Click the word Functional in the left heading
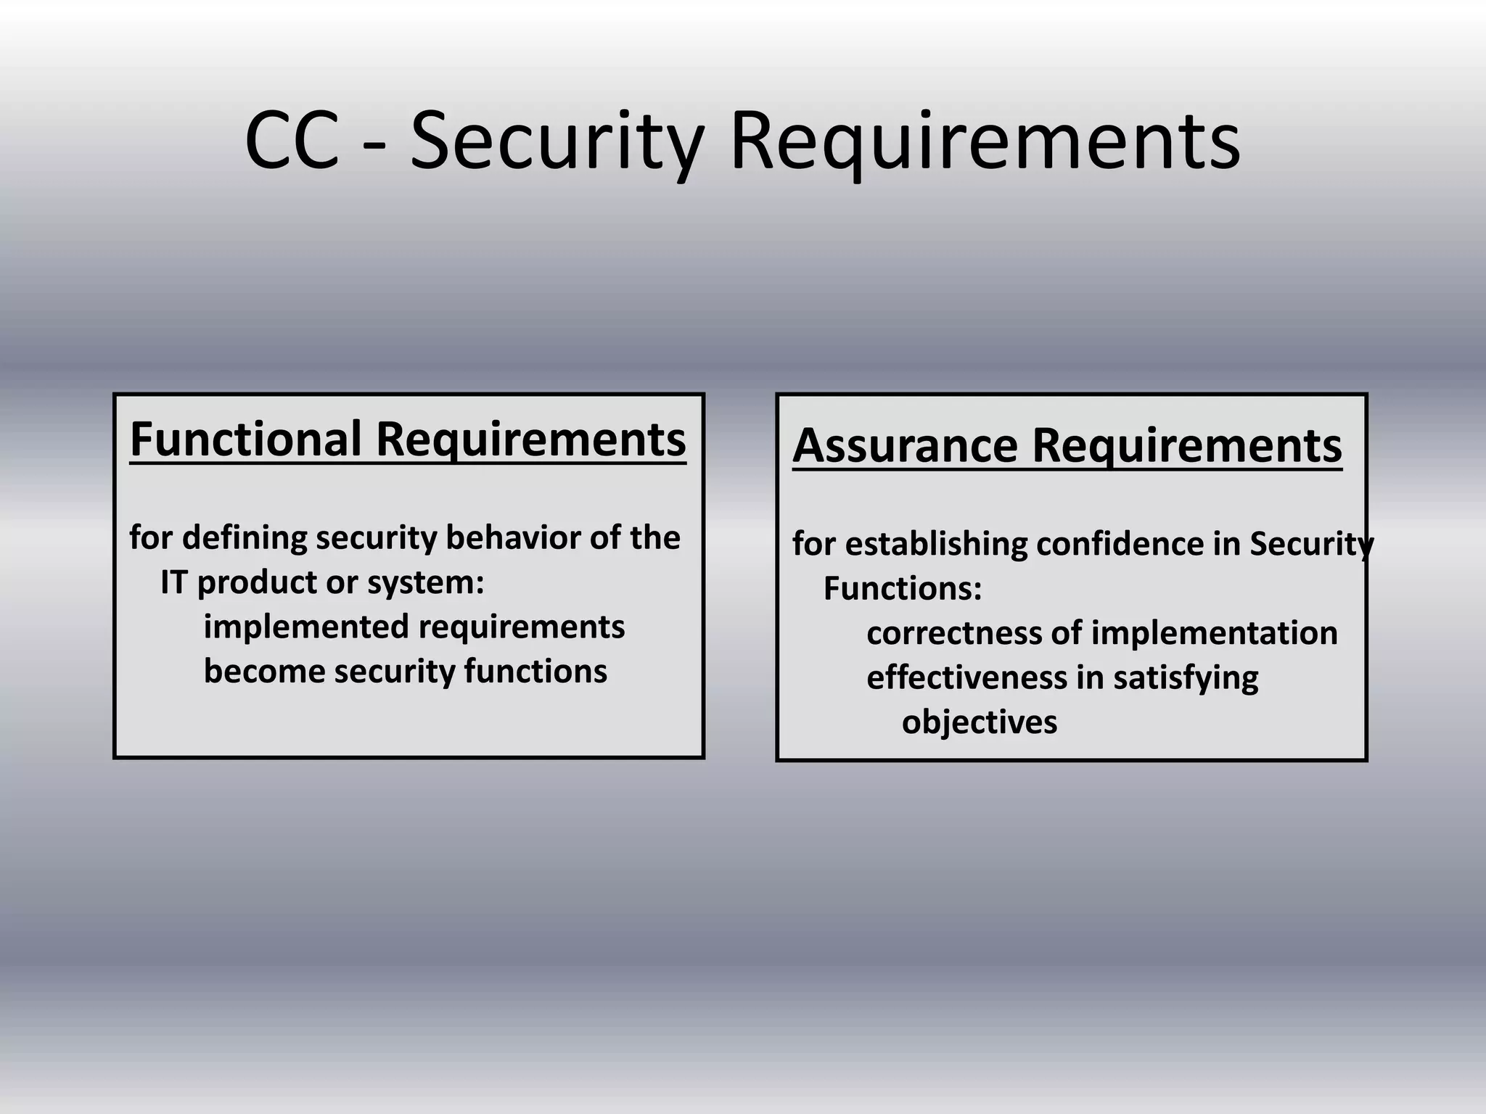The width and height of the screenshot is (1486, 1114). coord(245,440)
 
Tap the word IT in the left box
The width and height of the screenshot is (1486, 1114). coord(173,582)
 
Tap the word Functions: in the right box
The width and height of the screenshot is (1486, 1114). coord(903,589)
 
